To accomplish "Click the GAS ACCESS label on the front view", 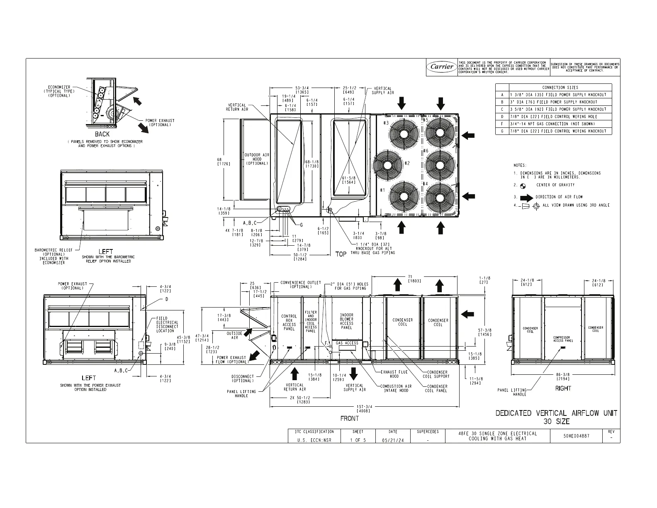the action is (347, 343).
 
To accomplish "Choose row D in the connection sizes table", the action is (554, 117).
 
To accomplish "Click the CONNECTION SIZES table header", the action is (560, 87).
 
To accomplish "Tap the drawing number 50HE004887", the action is (576, 436).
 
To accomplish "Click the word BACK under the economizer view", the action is (102, 134).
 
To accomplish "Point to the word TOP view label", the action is (341, 254).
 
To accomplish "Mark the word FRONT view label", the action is (350, 418).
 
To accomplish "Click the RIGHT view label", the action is (563, 388).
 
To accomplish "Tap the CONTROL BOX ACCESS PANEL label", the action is (289, 323).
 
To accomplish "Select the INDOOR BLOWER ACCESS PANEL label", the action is (346, 322).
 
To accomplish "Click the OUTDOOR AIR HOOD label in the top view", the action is (257, 159).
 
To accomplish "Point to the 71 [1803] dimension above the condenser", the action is (414, 279).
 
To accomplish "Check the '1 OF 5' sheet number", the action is (358, 440).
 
